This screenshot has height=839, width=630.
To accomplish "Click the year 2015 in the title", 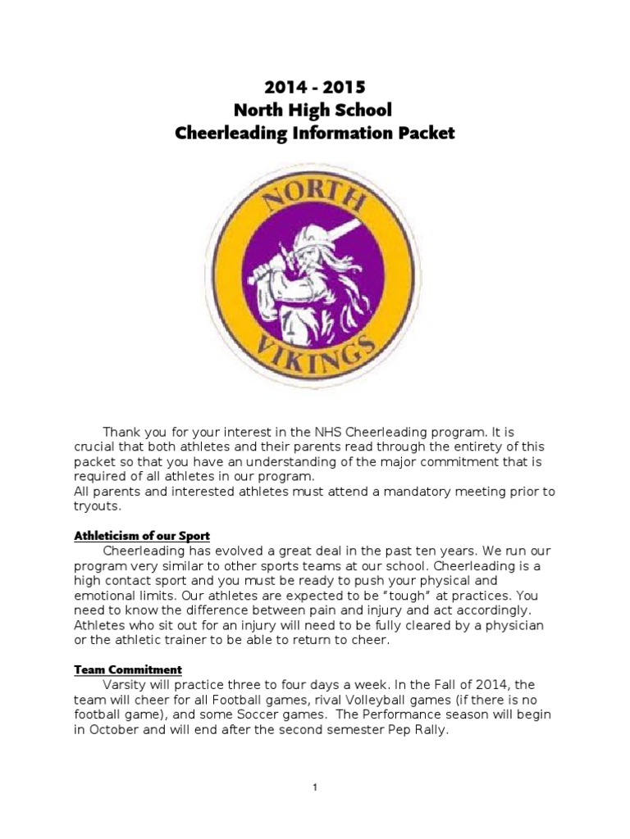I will point(345,87).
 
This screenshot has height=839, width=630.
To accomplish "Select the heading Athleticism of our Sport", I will point(142,536).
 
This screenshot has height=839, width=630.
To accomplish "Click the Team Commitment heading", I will point(128,669).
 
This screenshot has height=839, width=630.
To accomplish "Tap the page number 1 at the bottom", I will point(315,787).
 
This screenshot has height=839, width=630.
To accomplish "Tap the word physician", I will point(516,625).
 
